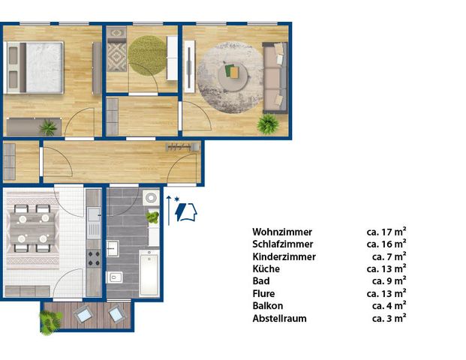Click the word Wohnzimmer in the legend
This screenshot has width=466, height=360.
(282, 232)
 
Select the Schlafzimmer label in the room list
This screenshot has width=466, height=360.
(283, 244)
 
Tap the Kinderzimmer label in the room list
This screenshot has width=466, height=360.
(284, 256)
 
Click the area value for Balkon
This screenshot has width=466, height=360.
(389, 306)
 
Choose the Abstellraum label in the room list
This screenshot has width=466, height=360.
(280, 319)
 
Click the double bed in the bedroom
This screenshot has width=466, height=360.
(35, 67)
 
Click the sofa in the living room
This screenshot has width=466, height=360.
(275, 76)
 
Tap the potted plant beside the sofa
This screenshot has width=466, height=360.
(267, 124)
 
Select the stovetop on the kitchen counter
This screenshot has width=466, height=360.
(94, 259)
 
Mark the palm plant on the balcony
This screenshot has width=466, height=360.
(50, 322)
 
